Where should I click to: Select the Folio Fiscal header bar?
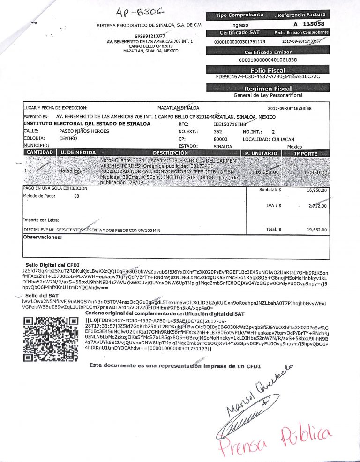click(x=268, y=70)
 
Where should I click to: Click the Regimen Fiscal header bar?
click(x=268, y=89)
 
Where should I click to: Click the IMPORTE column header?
click(x=305, y=153)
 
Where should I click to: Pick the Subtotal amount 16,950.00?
click(x=316, y=191)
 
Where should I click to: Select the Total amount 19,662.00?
click(x=316, y=230)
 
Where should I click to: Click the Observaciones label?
click(x=43, y=238)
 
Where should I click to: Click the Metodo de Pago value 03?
click(x=77, y=196)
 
